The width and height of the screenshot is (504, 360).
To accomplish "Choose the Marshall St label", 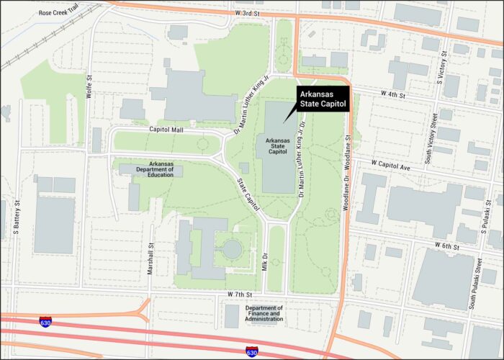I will tap(151, 256).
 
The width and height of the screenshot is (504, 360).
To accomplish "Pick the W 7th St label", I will tap(240, 295).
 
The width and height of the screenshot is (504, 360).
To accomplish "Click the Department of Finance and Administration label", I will tap(264, 314).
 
